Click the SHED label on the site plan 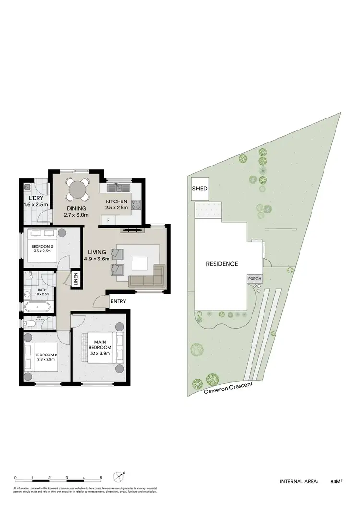click(200, 189)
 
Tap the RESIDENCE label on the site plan click(222, 264)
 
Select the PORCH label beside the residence click(254, 279)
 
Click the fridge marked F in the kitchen click(108, 220)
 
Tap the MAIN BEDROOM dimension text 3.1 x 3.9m click(100, 354)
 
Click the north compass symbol click(119, 477)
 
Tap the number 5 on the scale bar click(101, 478)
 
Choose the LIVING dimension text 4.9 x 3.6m click(97, 259)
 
